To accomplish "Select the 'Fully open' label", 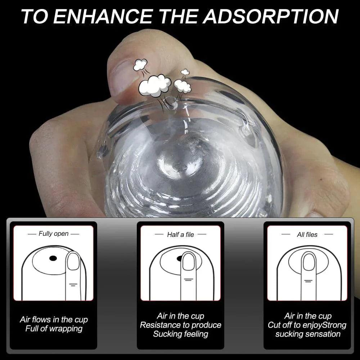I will point(53,234).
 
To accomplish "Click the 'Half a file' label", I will point(180,234).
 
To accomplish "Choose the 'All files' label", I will point(307,234).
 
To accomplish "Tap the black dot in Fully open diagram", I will point(53,258).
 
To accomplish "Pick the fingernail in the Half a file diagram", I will point(188,262).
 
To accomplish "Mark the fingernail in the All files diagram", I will point(308,262).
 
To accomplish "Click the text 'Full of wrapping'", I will point(54,328).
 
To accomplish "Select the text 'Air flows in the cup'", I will point(54,319).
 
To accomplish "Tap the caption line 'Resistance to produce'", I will point(180,325).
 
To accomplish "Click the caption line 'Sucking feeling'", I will point(180,334).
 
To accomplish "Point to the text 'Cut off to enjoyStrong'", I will point(307,325).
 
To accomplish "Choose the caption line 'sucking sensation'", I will point(307,334).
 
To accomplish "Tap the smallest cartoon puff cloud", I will point(185,72).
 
